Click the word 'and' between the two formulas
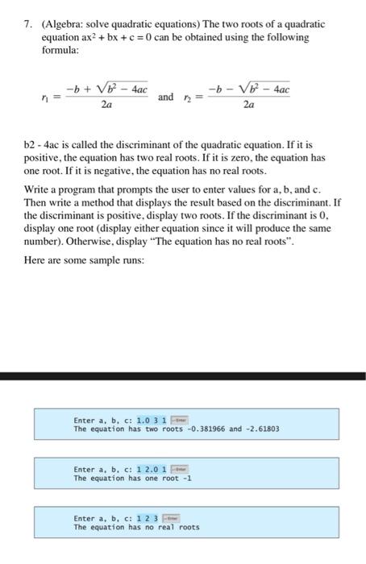tap(166, 97)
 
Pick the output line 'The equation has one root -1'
tap(132, 478)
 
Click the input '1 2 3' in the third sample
tap(148, 519)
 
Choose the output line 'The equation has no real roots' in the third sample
tap(135, 528)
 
